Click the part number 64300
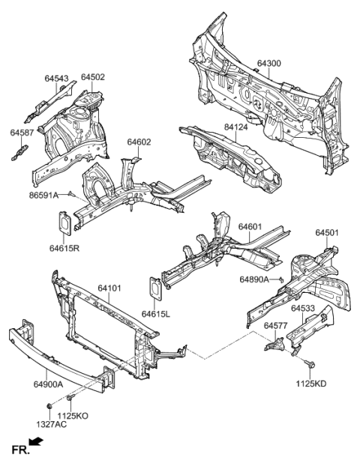269,64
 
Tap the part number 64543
56,78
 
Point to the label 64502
92,77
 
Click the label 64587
22,132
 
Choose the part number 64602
139,142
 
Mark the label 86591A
45,194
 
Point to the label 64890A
255,279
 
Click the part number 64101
110,287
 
